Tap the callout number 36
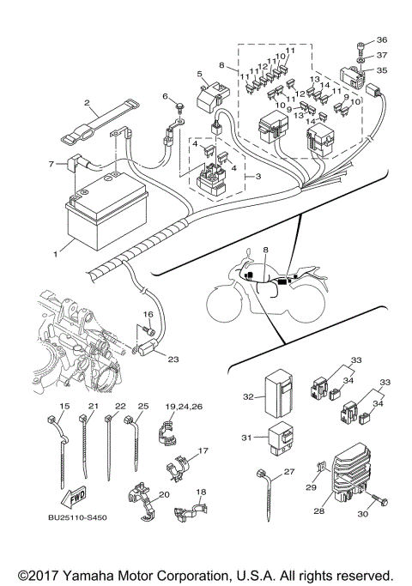(382, 40)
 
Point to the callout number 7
(51, 162)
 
